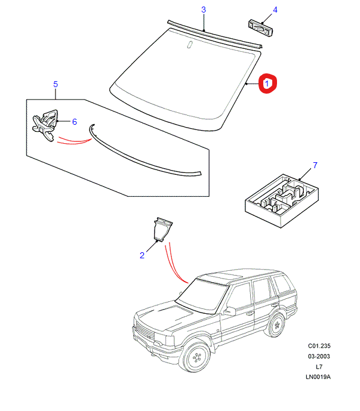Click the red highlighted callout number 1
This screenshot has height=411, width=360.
click(268, 84)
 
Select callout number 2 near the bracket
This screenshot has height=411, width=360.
click(142, 256)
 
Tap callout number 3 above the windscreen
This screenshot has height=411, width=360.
click(203, 10)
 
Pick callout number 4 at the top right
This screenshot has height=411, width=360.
click(275, 10)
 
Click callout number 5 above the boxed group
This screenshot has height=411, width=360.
click(55, 84)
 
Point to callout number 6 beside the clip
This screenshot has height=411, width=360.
click(75, 122)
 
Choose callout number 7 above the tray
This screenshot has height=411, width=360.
click(315, 165)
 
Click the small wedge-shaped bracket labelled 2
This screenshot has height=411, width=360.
click(161, 230)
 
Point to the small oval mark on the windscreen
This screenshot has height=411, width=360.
click(189, 45)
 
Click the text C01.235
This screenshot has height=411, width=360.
click(319, 346)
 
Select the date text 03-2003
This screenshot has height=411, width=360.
click(319, 356)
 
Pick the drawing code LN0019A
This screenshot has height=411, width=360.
click(319, 377)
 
